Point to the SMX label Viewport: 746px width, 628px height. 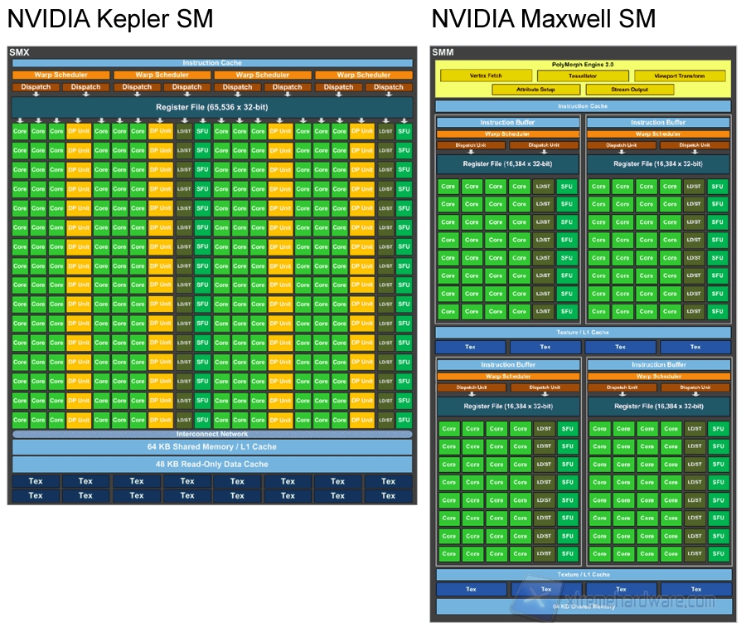tap(20, 53)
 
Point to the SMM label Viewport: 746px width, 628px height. tap(443, 53)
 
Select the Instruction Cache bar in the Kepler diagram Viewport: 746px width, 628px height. tap(212, 63)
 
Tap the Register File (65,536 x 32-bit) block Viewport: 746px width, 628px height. tap(212, 107)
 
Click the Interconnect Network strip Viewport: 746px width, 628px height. tap(212, 434)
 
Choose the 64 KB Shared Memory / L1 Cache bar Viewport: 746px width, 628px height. tap(212, 447)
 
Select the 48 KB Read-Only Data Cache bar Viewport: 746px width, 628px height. tap(212, 464)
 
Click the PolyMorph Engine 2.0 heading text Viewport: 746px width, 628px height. tap(583, 65)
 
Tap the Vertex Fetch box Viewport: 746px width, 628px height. tap(485, 76)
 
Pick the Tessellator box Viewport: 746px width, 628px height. tap(583, 76)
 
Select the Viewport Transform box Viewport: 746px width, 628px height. tap(679, 76)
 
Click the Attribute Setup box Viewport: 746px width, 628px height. tap(535, 90)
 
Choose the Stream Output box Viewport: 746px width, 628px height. tap(630, 90)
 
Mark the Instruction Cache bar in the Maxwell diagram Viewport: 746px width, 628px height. tap(583, 106)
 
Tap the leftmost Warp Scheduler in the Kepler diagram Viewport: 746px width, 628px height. tap(61, 75)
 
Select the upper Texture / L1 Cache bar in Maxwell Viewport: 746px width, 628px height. tap(583, 333)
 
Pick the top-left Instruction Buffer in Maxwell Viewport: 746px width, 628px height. tap(508, 122)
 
